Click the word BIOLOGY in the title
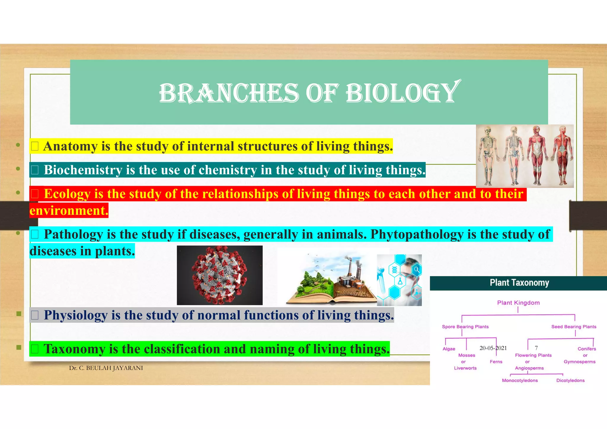pyautogui.click(x=402, y=93)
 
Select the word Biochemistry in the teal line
pyautogui.click(x=83, y=170)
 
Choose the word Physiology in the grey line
pyautogui.click(x=76, y=315)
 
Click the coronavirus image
pyautogui.click(x=220, y=275)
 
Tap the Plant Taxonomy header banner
pyautogui.click(x=519, y=283)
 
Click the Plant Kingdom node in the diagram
pyautogui.click(x=518, y=303)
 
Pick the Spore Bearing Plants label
pyautogui.click(x=465, y=326)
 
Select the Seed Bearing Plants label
pyautogui.click(x=574, y=326)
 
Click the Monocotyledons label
pyautogui.click(x=520, y=380)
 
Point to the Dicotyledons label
pyautogui.click(x=570, y=380)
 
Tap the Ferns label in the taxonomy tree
pyautogui.click(x=496, y=362)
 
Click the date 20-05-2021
pyautogui.click(x=493, y=348)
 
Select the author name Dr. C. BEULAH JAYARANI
pyautogui.click(x=106, y=368)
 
